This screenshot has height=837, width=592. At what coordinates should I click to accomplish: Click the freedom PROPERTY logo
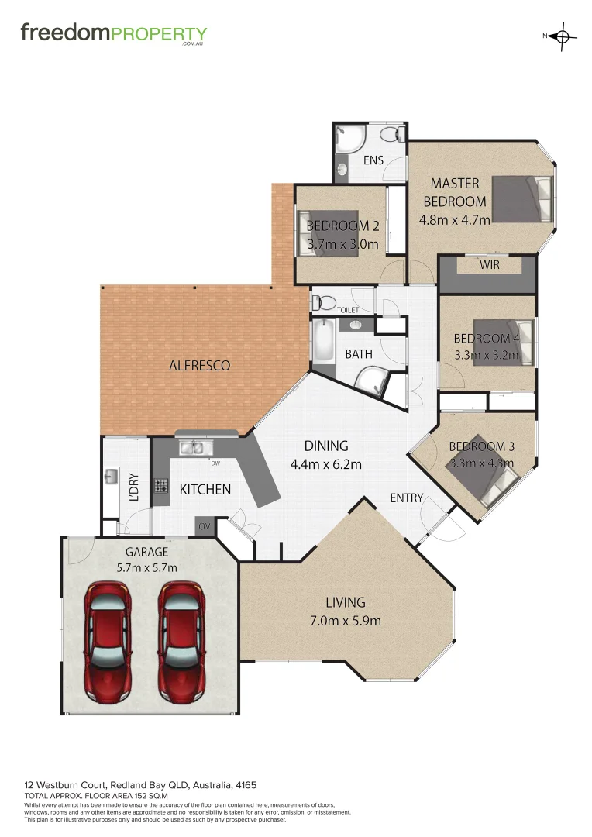click(x=113, y=34)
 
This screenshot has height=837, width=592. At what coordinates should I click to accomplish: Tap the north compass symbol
click(x=563, y=36)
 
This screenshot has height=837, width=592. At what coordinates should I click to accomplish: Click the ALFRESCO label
click(x=199, y=365)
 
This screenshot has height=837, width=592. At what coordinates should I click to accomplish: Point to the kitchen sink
click(x=191, y=447)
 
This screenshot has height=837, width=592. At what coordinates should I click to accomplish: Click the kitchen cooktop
click(x=161, y=487)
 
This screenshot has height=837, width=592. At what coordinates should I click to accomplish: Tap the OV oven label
click(x=205, y=526)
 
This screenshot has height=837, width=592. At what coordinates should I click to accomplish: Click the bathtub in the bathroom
click(x=321, y=342)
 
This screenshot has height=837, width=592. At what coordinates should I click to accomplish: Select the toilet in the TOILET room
click(x=323, y=301)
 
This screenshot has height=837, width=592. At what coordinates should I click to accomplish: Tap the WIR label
click(x=489, y=266)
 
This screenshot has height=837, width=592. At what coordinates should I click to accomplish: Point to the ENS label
click(x=373, y=161)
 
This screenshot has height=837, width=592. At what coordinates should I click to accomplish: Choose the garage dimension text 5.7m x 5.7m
click(x=147, y=567)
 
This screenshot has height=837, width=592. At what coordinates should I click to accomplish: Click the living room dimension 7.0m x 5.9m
click(x=345, y=620)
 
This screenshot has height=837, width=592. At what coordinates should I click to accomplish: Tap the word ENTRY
click(x=406, y=498)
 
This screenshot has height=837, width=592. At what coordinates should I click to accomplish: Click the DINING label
click(x=325, y=446)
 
